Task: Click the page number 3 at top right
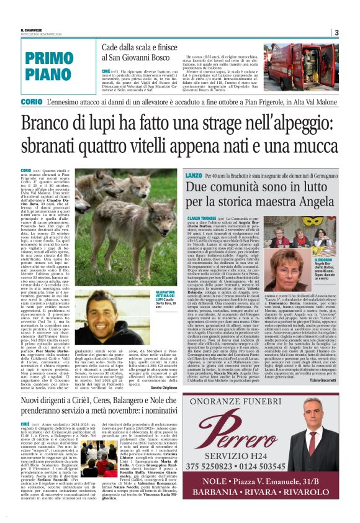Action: (x=336, y=33)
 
